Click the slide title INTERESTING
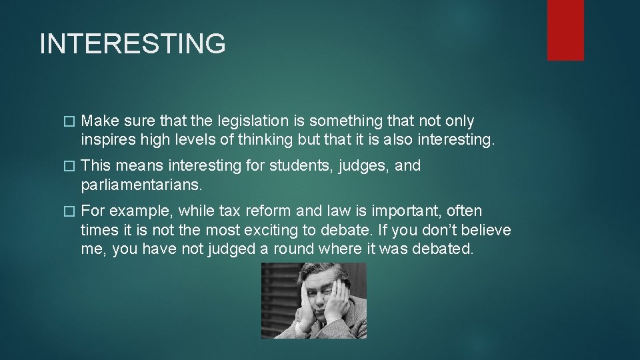(133, 44)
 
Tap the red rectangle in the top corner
(565, 30)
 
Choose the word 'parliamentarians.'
(141, 185)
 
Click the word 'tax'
(229, 211)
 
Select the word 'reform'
(268, 211)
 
